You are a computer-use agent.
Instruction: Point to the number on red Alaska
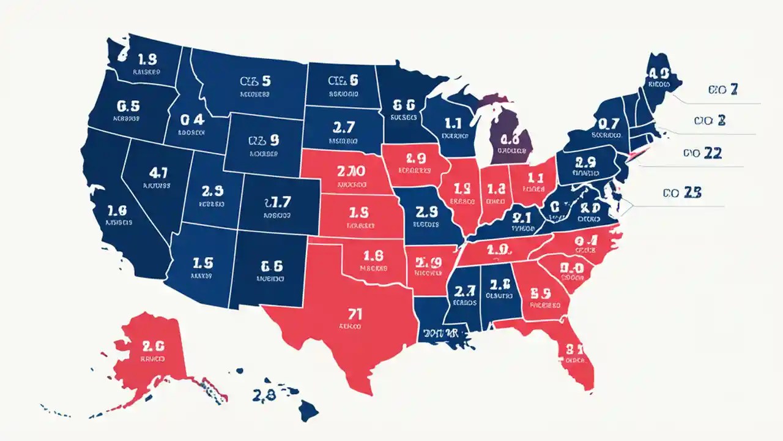coord(153,345)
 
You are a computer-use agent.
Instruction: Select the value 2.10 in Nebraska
coord(351,171)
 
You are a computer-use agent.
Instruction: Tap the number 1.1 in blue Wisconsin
coord(454,123)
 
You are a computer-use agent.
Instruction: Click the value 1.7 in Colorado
coord(277,202)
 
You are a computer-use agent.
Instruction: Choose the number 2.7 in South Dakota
coord(344,127)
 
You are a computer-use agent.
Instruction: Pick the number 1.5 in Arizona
coord(202,263)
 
